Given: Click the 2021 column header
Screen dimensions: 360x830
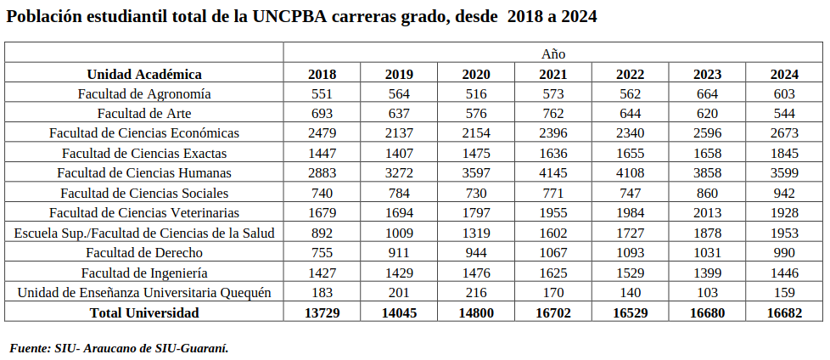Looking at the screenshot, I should coord(552,74).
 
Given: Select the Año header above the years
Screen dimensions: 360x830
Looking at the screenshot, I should coord(552,53).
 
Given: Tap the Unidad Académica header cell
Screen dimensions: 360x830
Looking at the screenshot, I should coord(144,74).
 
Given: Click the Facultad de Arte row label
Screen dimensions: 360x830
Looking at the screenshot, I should coord(144,113).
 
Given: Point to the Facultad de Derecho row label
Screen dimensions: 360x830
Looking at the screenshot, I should coord(144,252).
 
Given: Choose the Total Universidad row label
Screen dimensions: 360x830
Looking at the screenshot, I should coord(144,312).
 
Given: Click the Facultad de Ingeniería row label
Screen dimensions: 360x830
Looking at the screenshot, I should coord(144,273).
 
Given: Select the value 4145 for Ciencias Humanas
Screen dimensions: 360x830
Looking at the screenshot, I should coord(552,173).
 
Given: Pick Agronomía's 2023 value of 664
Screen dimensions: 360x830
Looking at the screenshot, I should coord(707,93).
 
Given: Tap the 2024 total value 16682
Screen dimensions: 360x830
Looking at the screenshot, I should coord(784,312).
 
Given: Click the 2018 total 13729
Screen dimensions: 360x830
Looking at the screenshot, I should coord(322,312).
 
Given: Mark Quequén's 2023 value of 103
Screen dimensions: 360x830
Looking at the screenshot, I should coord(707,292).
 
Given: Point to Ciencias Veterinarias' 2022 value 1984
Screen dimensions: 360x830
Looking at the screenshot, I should coord(630,212).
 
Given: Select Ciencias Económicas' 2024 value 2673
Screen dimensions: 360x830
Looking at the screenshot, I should coord(784,133).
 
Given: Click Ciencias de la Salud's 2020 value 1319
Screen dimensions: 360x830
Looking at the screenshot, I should coord(476,233).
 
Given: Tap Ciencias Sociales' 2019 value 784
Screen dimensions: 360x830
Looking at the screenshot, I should coord(399,193).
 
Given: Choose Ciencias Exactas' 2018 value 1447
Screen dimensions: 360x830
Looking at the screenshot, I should coord(322,153).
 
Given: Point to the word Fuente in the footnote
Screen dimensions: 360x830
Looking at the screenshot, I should coord(28,348).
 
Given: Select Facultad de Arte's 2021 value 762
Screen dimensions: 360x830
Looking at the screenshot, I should coord(552,113).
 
